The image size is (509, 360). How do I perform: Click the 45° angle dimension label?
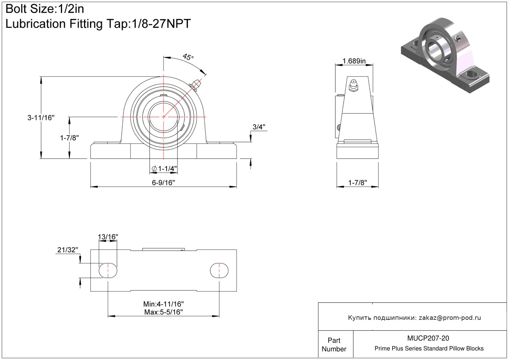point(188,57)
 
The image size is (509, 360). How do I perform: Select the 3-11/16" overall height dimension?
point(41,118)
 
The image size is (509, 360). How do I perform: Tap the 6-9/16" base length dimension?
point(163,183)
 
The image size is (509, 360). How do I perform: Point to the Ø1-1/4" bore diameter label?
point(164,169)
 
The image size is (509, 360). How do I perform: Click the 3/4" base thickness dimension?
point(259,127)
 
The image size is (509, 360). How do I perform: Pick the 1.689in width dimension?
point(354,61)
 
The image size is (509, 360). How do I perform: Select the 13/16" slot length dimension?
point(108,237)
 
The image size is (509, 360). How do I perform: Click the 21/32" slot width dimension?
point(68,250)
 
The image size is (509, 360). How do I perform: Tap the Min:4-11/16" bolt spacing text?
point(163,304)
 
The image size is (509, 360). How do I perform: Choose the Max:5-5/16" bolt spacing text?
point(163,312)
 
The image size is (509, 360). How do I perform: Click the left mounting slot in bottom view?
point(108,270)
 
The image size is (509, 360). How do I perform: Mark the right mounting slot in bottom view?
point(219,270)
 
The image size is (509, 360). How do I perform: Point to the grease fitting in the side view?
point(353,86)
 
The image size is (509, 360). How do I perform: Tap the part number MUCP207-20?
point(428,338)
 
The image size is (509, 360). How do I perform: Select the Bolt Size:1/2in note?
point(45,9)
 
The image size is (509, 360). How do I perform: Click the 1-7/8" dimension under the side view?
point(358,183)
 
